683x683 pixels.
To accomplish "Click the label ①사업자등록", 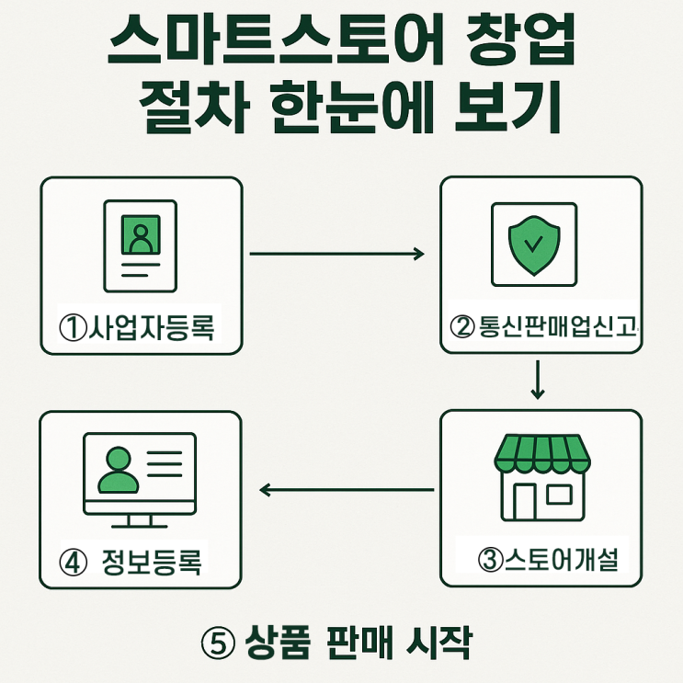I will point(141,328).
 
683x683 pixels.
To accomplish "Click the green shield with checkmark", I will point(532,241).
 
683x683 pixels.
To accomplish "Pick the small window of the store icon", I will point(559,495).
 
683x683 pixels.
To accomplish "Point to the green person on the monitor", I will point(117,471).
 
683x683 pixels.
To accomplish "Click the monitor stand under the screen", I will point(140,520).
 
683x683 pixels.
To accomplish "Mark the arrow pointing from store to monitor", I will point(346,490).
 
